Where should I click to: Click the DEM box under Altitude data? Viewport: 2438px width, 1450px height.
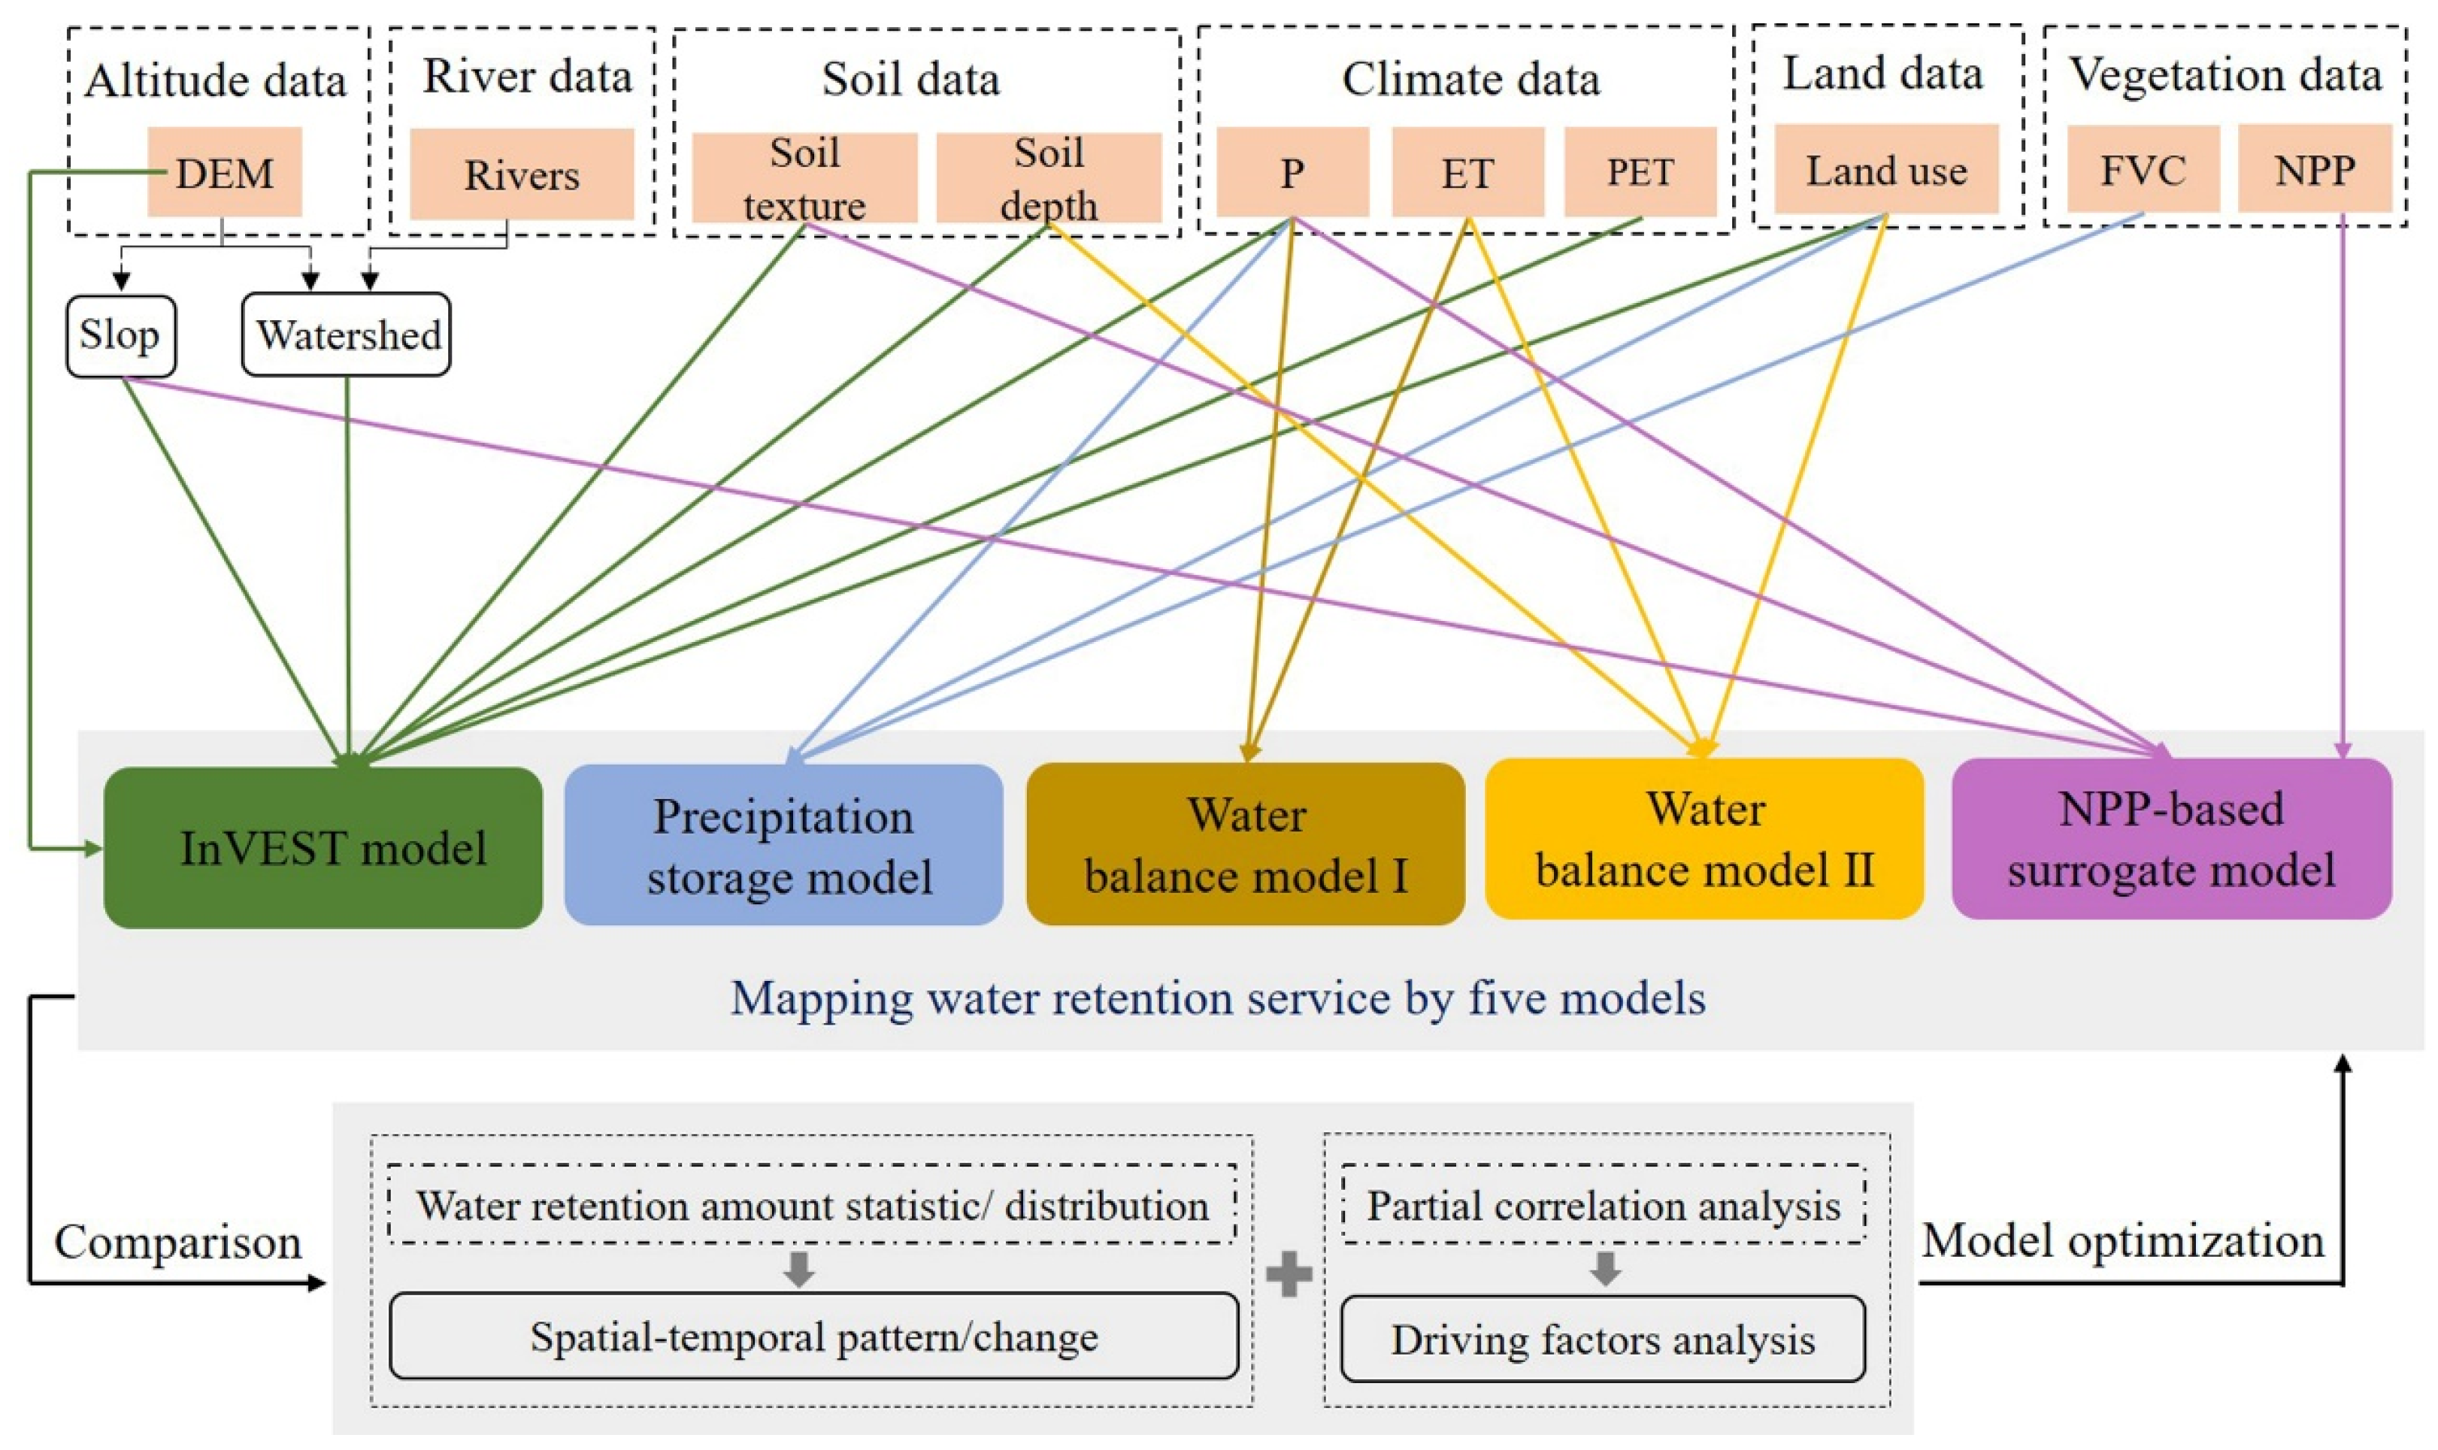[x=224, y=172]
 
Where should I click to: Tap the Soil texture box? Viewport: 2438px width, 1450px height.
[x=804, y=178]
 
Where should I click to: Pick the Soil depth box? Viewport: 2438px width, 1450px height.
[x=1049, y=178]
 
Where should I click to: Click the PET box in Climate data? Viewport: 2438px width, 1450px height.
[x=1640, y=172]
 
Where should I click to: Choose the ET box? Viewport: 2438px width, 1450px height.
[x=1467, y=172]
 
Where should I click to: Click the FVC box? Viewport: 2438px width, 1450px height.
[x=2142, y=169]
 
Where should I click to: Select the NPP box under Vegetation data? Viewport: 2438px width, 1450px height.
[x=2314, y=169]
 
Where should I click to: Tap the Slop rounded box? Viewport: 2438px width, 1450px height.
[x=120, y=335]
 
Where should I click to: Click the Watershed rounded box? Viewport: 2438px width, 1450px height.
[x=346, y=335]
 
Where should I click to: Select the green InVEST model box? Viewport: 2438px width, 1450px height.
[x=323, y=847]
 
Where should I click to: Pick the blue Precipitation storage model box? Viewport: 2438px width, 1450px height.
[x=783, y=845]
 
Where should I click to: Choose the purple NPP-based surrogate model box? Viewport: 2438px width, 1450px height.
[x=2170, y=838]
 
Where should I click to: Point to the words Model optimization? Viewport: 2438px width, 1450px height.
[x=2122, y=1241]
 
